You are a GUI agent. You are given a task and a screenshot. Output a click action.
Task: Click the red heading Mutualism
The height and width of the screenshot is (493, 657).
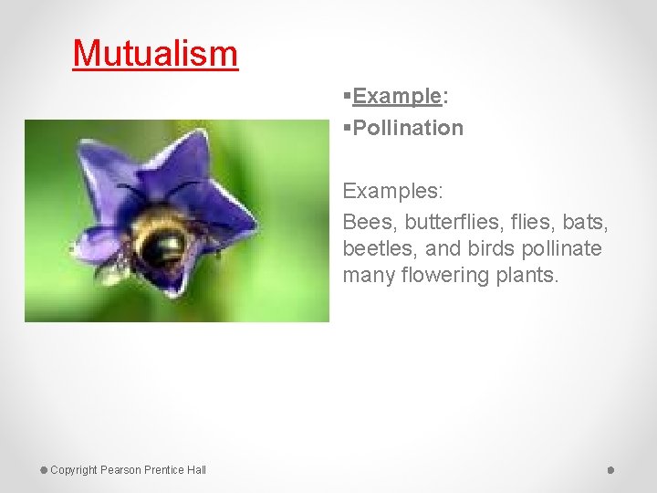[x=155, y=53]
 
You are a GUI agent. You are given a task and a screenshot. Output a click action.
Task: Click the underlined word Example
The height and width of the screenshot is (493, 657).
[x=397, y=96]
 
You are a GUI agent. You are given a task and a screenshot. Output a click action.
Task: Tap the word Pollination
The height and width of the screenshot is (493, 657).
[x=408, y=128]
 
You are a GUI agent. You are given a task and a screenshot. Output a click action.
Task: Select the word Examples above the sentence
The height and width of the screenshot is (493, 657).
[x=392, y=192]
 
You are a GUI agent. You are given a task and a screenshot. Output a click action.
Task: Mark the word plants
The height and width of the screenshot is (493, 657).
[x=527, y=276]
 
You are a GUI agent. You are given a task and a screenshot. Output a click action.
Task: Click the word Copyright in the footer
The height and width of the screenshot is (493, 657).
[x=73, y=470]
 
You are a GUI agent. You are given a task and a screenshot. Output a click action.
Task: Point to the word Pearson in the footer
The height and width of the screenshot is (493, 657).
[x=122, y=470]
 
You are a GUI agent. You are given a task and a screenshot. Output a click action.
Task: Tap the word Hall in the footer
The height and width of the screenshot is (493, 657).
[x=196, y=470]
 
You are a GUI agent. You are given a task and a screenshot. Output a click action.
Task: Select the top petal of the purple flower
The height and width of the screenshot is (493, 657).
[x=191, y=155]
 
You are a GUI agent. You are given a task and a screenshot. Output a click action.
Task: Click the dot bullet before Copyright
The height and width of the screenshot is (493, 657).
[x=44, y=470]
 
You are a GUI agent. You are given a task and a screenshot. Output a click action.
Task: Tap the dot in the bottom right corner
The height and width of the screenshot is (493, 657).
[x=610, y=470]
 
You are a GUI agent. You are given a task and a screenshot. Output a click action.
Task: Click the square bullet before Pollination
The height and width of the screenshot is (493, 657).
[x=348, y=128]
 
